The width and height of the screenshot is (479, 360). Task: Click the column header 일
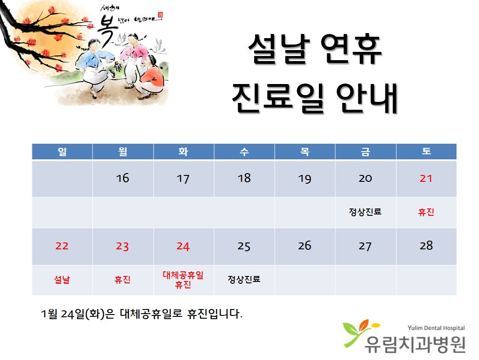pos(62,151)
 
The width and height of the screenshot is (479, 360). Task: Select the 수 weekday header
pos(244,151)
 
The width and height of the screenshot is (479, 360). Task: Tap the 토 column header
pos(426,151)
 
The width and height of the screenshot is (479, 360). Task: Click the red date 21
pos(426,178)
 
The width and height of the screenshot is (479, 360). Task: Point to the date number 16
pos(123,178)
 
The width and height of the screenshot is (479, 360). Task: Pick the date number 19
pos(305,179)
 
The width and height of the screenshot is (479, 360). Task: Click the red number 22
pos(61,246)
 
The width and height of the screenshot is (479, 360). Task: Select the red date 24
pos(183,246)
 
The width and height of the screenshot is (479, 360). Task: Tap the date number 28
pos(426,246)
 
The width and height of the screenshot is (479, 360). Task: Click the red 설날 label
pos(62,279)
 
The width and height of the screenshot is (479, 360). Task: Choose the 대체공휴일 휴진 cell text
pos(183,280)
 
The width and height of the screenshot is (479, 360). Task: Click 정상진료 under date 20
pos(365,212)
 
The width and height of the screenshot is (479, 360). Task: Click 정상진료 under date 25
pos(244,279)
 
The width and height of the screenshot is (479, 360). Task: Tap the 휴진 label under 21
pos(426,212)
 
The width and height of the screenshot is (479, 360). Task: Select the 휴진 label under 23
pos(123,279)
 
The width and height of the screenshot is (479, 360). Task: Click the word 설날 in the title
pos(279,49)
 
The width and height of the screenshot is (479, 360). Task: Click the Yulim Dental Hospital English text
pos(436,328)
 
